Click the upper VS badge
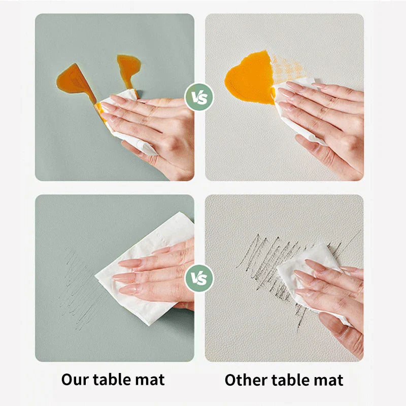(x=199, y=97)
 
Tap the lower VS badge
(x=199, y=278)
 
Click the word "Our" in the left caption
(x=75, y=380)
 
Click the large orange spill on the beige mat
(x=250, y=78)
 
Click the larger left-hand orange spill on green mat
(x=75, y=82)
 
